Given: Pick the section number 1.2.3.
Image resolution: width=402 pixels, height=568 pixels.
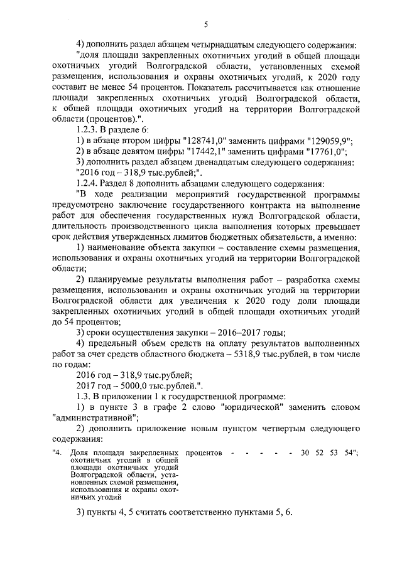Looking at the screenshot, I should (x=88, y=129).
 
